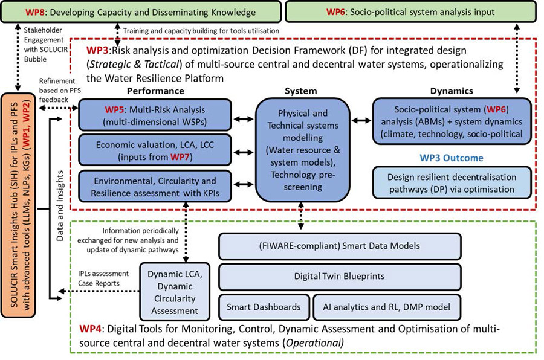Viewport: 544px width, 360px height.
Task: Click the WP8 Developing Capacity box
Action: pyautogui.click(x=140, y=11)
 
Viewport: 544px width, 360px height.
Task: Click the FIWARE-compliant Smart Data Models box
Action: pyautogui.click(x=339, y=246)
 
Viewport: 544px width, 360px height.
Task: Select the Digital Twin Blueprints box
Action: pyautogui.click(x=339, y=277)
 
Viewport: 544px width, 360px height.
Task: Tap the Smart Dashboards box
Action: pyautogui.click(x=264, y=307)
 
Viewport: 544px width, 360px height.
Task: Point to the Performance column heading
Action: pyautogui.click(x=155, y=91)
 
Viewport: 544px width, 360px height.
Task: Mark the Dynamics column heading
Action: pyautogui.click(x=452, y=91)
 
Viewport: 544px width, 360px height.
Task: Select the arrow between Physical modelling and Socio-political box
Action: pyautogui.click(x=361, y=120)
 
